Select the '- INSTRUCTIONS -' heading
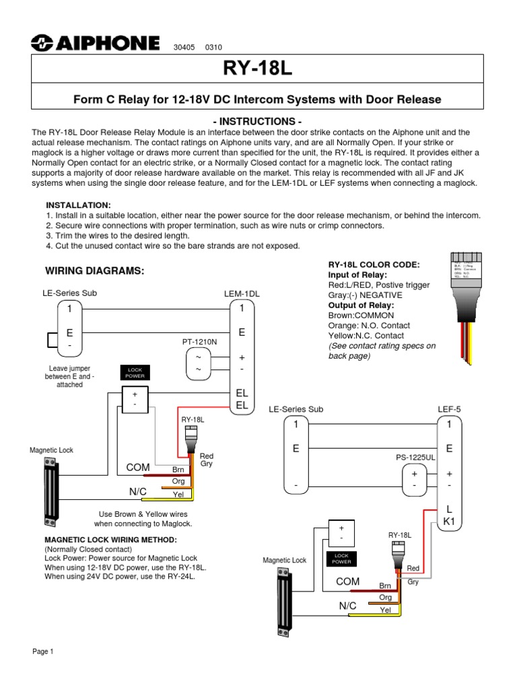pos(258,121)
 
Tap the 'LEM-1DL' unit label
pos(242,294)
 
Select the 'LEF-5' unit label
pos(450,408)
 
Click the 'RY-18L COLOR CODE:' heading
pos(374,264)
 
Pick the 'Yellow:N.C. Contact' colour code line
pos(366,335)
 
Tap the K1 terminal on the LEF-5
pos(449,521)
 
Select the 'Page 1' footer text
pos(43,652)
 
